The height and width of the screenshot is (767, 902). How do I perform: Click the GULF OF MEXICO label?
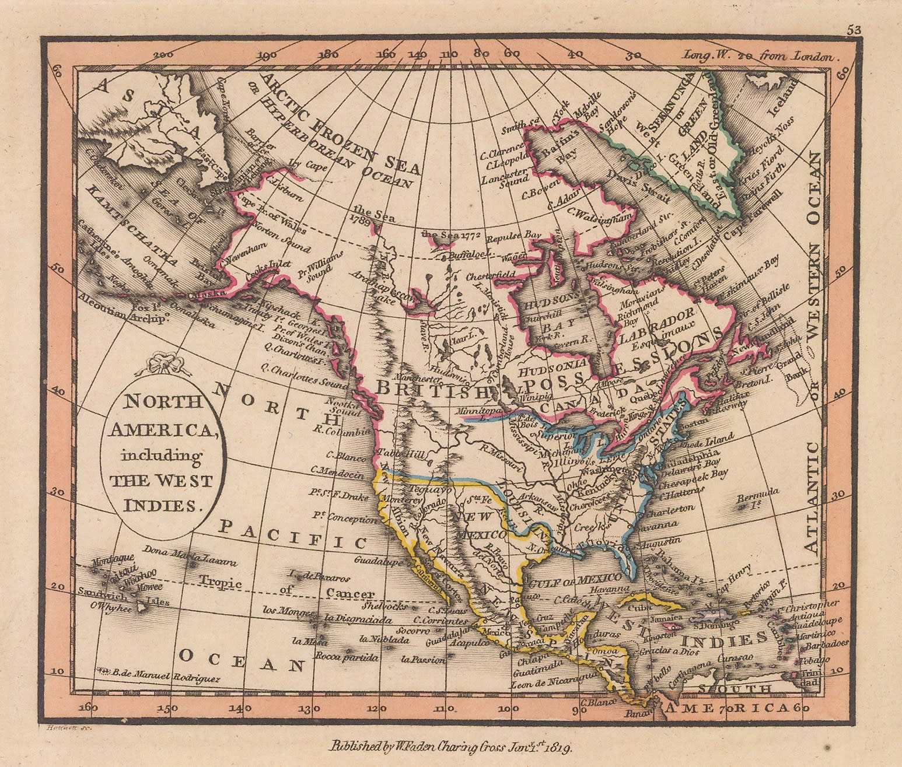574,578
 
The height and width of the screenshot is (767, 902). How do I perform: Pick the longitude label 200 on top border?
166,55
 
